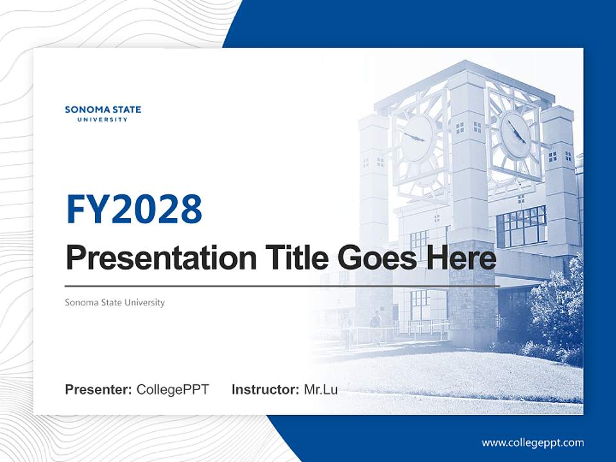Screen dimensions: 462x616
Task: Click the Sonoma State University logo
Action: (103, 113)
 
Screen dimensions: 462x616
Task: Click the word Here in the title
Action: (463, 258)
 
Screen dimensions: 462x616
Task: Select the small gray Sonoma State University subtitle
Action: (115, 302)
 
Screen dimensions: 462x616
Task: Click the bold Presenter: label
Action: (99, 389)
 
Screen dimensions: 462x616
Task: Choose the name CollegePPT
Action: (173, 389)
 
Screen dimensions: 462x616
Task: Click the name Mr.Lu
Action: (320, 389)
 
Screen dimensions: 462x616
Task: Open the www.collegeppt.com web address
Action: (533, 442)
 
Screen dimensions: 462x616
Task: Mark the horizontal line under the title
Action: (282, 286)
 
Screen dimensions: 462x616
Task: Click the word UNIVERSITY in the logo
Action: (103, 119)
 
